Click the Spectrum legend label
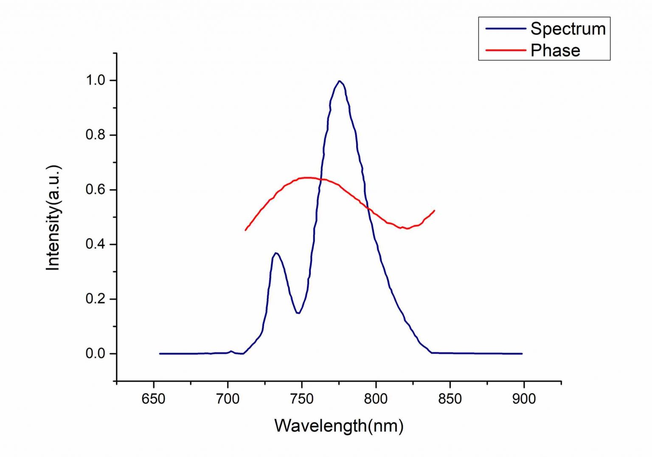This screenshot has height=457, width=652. [x=568, y=29]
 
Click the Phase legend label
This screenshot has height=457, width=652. [x=555, y=50]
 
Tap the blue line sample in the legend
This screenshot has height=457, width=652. [x=505, y=29]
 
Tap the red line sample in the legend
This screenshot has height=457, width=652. [x=505, y=50]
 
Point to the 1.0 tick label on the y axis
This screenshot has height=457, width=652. [x=96, y=80]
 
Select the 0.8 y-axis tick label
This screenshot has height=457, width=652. [x=96, y=135]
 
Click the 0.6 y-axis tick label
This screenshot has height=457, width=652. [x=96, y=189]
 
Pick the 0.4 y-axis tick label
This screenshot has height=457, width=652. [x=96, y=244]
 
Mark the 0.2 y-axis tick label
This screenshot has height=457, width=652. [x=96, y=299]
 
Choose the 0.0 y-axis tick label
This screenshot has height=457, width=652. [x=96, y=354]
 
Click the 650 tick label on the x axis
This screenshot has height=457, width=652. [x=154, y=399]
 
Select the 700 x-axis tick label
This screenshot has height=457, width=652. [x=228, y=399]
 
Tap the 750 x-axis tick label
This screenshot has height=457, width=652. [x=302, y=399]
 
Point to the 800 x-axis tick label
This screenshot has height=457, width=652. [x=376, y=399]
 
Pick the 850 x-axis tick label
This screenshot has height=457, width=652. [x=450, y=399]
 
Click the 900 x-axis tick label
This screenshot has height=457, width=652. [x=524, y=399]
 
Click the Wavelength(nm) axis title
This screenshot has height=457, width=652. [x=339, y=426]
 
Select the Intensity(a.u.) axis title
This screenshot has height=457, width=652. [x=53, y=217]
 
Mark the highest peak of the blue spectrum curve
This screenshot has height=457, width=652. [x=339, y=81]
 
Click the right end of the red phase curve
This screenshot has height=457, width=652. [x=434, y=210]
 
